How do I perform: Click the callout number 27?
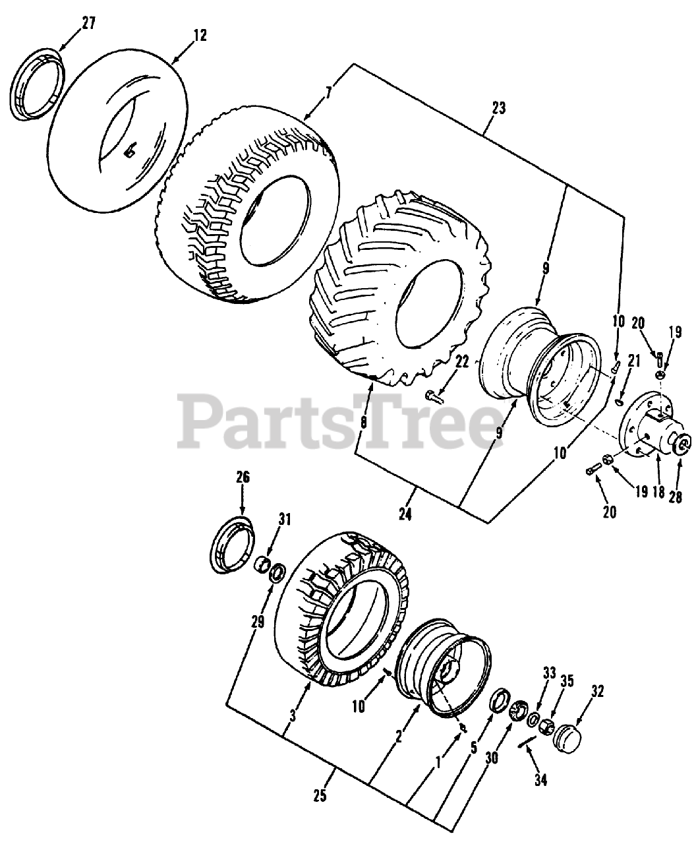88,24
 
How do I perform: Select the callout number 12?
200,36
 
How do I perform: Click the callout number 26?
243,477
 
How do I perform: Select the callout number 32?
598,692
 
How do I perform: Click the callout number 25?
320,797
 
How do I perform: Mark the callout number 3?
293,714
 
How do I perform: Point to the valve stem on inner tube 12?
130,152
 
